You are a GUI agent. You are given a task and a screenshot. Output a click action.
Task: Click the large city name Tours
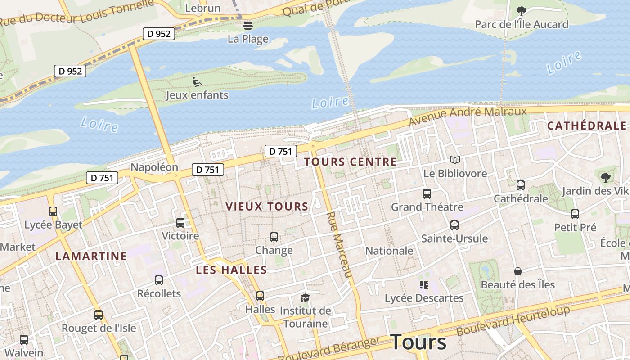418,342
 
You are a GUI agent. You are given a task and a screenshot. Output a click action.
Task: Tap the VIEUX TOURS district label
267,207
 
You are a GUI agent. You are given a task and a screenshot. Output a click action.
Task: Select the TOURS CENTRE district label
351,162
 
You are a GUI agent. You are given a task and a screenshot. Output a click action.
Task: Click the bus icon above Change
274,237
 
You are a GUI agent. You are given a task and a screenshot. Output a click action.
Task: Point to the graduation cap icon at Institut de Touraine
306,297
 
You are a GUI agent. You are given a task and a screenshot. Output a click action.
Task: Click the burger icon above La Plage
247,25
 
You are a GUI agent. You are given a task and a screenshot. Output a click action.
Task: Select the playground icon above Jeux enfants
197,82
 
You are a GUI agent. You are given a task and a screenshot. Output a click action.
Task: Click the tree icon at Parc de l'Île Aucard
521,11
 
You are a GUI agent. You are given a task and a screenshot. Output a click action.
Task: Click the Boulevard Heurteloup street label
513,320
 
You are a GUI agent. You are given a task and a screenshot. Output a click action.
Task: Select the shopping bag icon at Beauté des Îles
518,271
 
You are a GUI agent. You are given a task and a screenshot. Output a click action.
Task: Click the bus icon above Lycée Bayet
53,211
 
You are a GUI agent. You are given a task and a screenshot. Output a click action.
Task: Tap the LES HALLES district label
231,270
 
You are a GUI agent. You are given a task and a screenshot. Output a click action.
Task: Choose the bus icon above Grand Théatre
427,194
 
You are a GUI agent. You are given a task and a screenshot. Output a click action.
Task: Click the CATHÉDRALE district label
587,126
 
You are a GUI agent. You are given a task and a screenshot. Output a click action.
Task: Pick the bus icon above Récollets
159,280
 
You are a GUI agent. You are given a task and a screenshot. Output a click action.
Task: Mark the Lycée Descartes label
424,298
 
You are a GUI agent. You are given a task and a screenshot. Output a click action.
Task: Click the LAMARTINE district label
91,256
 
